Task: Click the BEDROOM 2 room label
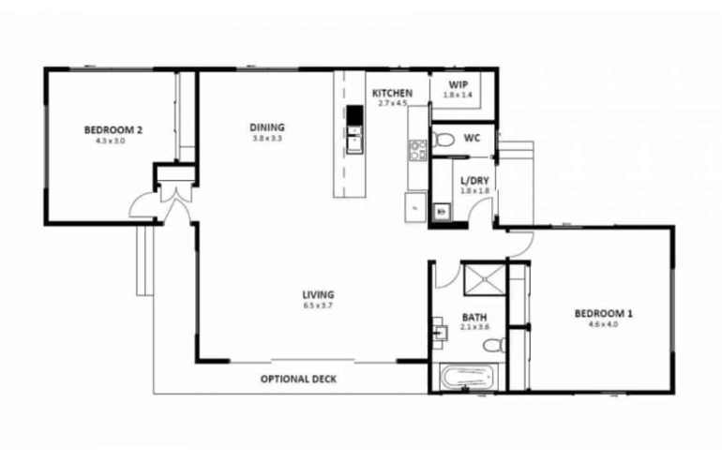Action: pos(113,130)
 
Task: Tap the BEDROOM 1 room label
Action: pos(603,314)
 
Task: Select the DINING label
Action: pos(267,127)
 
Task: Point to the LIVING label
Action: pos(319,294)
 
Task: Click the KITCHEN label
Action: pos(392,93)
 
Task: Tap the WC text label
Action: pos(473,139)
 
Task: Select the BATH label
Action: pos(474,316)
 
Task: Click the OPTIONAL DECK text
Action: pos(298,380)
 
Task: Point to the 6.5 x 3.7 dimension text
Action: pos(319,306)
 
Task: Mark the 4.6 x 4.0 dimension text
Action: pos(603,325)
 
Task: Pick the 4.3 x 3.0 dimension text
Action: pos(113,142)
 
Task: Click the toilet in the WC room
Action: pos(444,141)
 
